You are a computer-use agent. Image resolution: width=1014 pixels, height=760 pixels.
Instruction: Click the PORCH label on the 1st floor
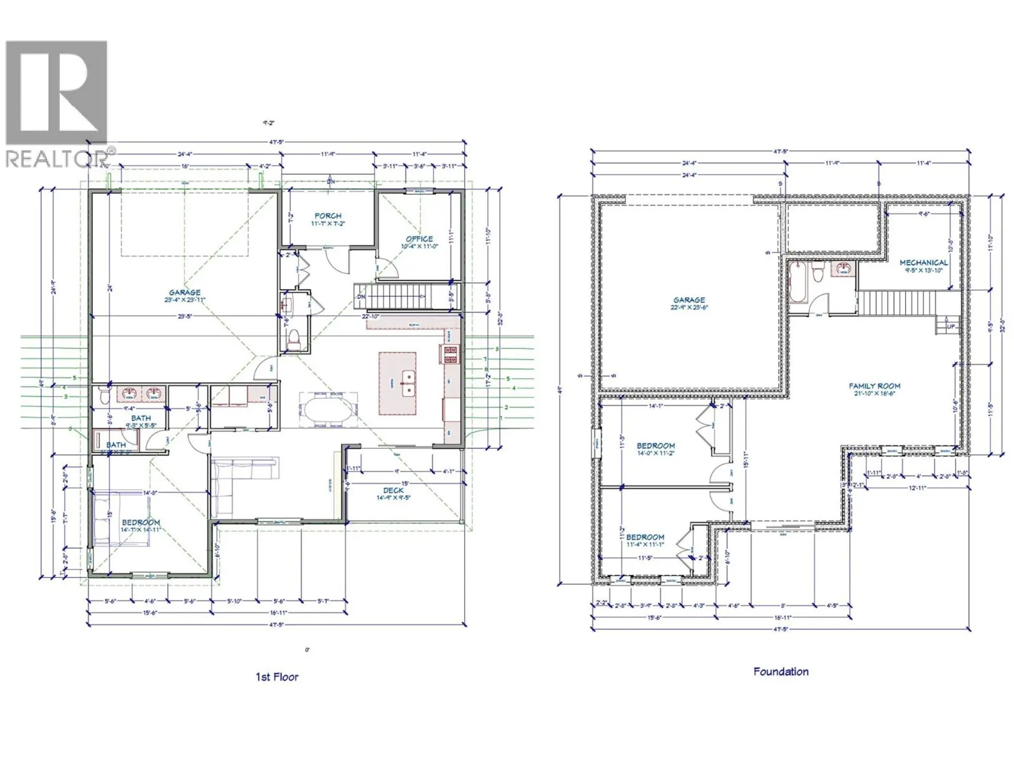tap(327, 216)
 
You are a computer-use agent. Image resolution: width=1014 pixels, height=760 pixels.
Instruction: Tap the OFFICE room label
tap(419, 239)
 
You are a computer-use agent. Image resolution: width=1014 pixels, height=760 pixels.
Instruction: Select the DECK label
tap(393, 491)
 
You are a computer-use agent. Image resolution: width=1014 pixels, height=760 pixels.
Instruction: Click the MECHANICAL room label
tap(924, 262)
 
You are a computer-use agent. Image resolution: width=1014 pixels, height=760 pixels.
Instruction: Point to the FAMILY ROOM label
tap(875, 386)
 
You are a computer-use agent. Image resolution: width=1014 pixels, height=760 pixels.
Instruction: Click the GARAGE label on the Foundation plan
tap(689, 300)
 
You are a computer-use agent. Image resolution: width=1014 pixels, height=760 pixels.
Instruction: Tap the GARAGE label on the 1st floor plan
tap(184, 292)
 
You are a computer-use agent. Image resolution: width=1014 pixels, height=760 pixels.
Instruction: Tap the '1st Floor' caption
tap(277, 677)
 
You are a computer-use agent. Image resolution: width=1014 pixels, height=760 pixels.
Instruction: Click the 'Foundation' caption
tap(781, 672)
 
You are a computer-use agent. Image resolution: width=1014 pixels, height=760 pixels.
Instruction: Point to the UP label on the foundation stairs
tap(951, 327)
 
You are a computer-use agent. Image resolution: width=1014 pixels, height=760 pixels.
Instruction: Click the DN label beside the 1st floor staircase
tap(361, 297)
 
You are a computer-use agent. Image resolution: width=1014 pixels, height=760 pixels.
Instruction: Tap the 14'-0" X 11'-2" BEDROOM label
tap(655, 446)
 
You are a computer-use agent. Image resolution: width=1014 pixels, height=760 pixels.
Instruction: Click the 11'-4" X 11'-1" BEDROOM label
tap(645, 537)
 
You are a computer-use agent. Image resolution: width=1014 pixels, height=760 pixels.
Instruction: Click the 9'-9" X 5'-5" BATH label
tap(141, 419)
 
